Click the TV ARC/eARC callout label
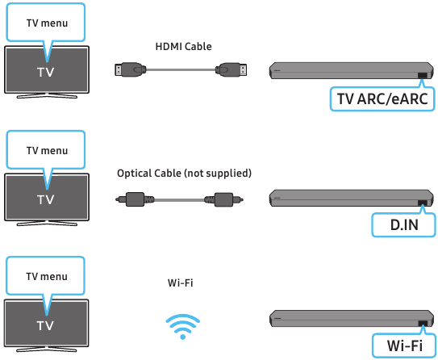click(x=382, y=99)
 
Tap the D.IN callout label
click(x=403, y=225)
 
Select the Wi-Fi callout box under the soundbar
click(x=404, y=345)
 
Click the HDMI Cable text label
click(x=183, y=46)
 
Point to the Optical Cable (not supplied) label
click(x=184, y=174)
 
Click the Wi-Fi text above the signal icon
click(x=180, y=283)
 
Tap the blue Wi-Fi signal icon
click(x=182, y=326)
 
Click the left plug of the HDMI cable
click(x=131, y=69)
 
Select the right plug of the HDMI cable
click(x=231, y=69)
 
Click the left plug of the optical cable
click(x=135, y=199)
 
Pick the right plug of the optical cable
click(x=223, y=199)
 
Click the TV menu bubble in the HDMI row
click(x=46, y=23)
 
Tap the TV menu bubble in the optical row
click(x=46, y=150)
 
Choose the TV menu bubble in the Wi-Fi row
click(x=45, y=276)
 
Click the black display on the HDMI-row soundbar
click(x=423, y=75)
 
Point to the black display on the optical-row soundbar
click(x=423, y=203)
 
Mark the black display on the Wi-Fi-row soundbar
click(x=423, y=324)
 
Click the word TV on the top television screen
click(x=45, y=72)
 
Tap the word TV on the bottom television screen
click(x=45, y=325)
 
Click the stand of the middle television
click(x=47, y=223)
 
